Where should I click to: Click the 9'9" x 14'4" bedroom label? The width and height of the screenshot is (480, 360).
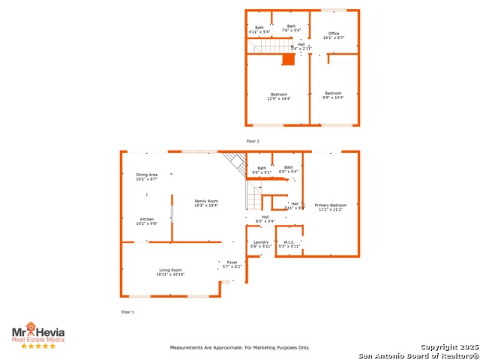point(333,95)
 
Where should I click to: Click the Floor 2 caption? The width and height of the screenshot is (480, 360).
point(253,141)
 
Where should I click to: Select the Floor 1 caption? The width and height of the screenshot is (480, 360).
point(127,311)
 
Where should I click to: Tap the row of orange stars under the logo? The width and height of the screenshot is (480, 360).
point(37,346)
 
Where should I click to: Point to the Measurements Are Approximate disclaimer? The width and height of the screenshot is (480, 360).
point(240,348)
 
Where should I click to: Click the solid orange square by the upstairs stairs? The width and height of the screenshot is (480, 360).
point(288,59)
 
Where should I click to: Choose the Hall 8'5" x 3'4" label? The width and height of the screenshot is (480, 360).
point(265,219)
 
